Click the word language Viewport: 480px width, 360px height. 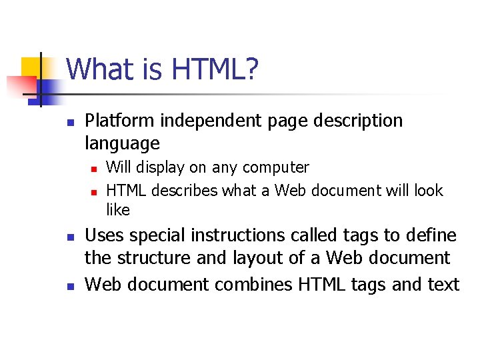(x=123, y=143)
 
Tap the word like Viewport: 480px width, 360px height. (x=118, y=210)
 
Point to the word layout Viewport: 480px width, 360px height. (x=261, y=258)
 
